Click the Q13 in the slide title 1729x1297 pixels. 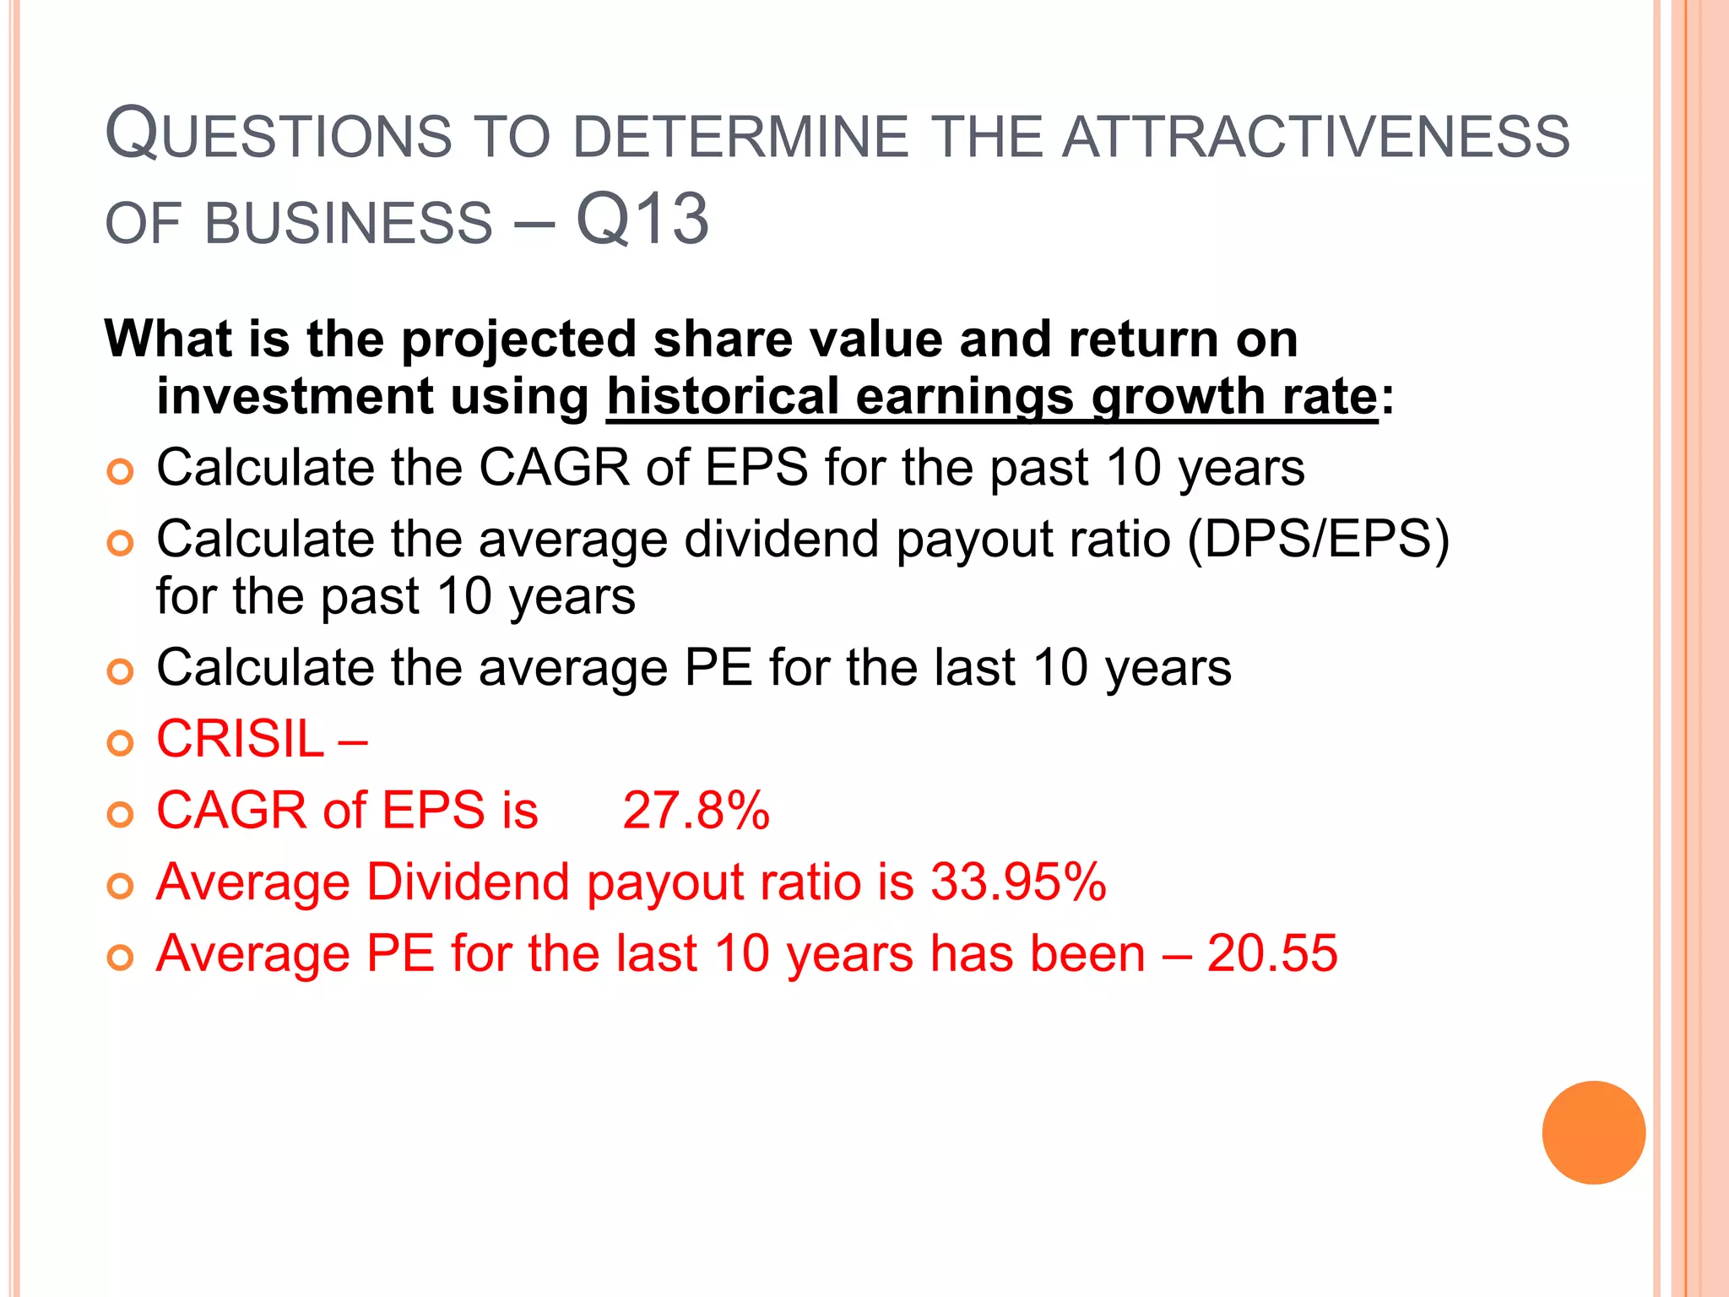(642, 220)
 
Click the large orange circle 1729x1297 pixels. (1593, 1132)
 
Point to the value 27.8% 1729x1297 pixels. (696, 811)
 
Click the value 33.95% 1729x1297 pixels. (1018, 882)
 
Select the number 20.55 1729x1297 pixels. (1271, 954)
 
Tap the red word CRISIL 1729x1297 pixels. (240, 740)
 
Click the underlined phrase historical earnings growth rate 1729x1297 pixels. (992, 397)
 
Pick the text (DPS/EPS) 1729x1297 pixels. (1318, 539)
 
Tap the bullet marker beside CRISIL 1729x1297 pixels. (121, 743)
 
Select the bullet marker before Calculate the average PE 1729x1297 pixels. (121, 671)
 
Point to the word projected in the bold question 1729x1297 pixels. (518, 340)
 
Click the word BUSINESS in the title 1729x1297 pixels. (348, 224)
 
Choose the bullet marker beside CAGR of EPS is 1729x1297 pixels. (121, 815)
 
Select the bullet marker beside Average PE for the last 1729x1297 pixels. (121, 958)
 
